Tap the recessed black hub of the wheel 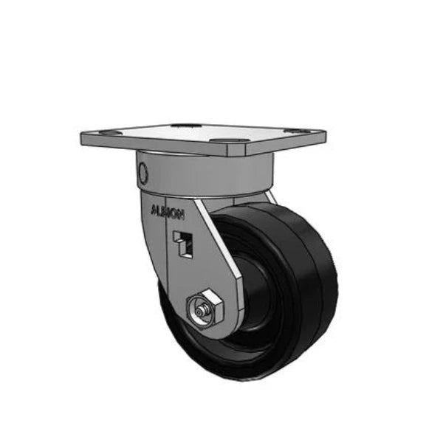click(x=255, y=295)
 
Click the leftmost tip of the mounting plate click(x=80, y=137)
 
